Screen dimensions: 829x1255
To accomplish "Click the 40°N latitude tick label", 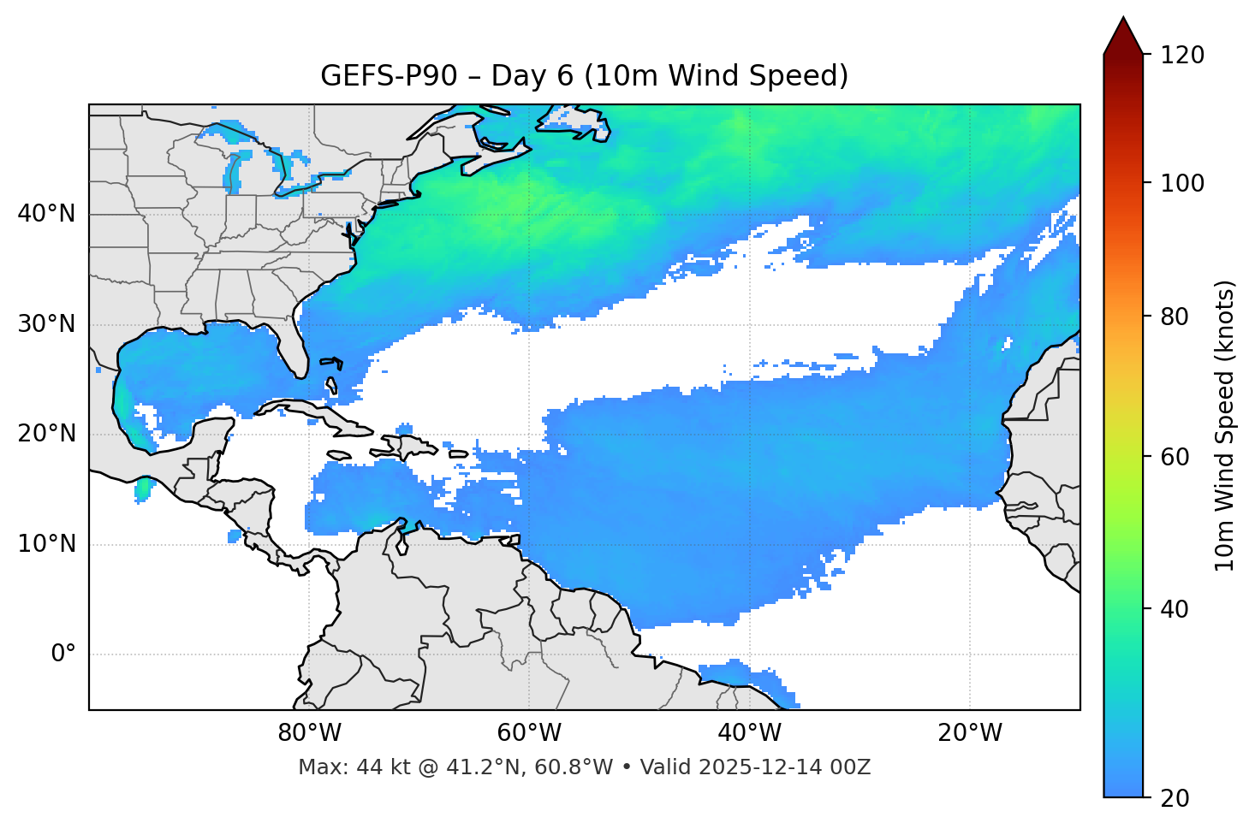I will point(46,214).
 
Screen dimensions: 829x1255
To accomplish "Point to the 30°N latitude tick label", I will point(46,324).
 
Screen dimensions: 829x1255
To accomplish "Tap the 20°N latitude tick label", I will point(46,434).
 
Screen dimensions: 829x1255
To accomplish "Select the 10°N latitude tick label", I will point(46,544).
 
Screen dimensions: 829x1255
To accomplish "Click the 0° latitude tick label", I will point(63,654).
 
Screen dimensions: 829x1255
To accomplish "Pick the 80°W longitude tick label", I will point(309,733).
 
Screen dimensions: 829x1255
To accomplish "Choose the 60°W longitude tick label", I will point(529,733).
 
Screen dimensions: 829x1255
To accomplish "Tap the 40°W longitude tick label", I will point(749,733).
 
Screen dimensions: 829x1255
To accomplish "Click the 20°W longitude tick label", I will point(970,733).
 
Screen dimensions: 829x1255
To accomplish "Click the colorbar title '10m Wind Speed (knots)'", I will point(1225,425).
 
